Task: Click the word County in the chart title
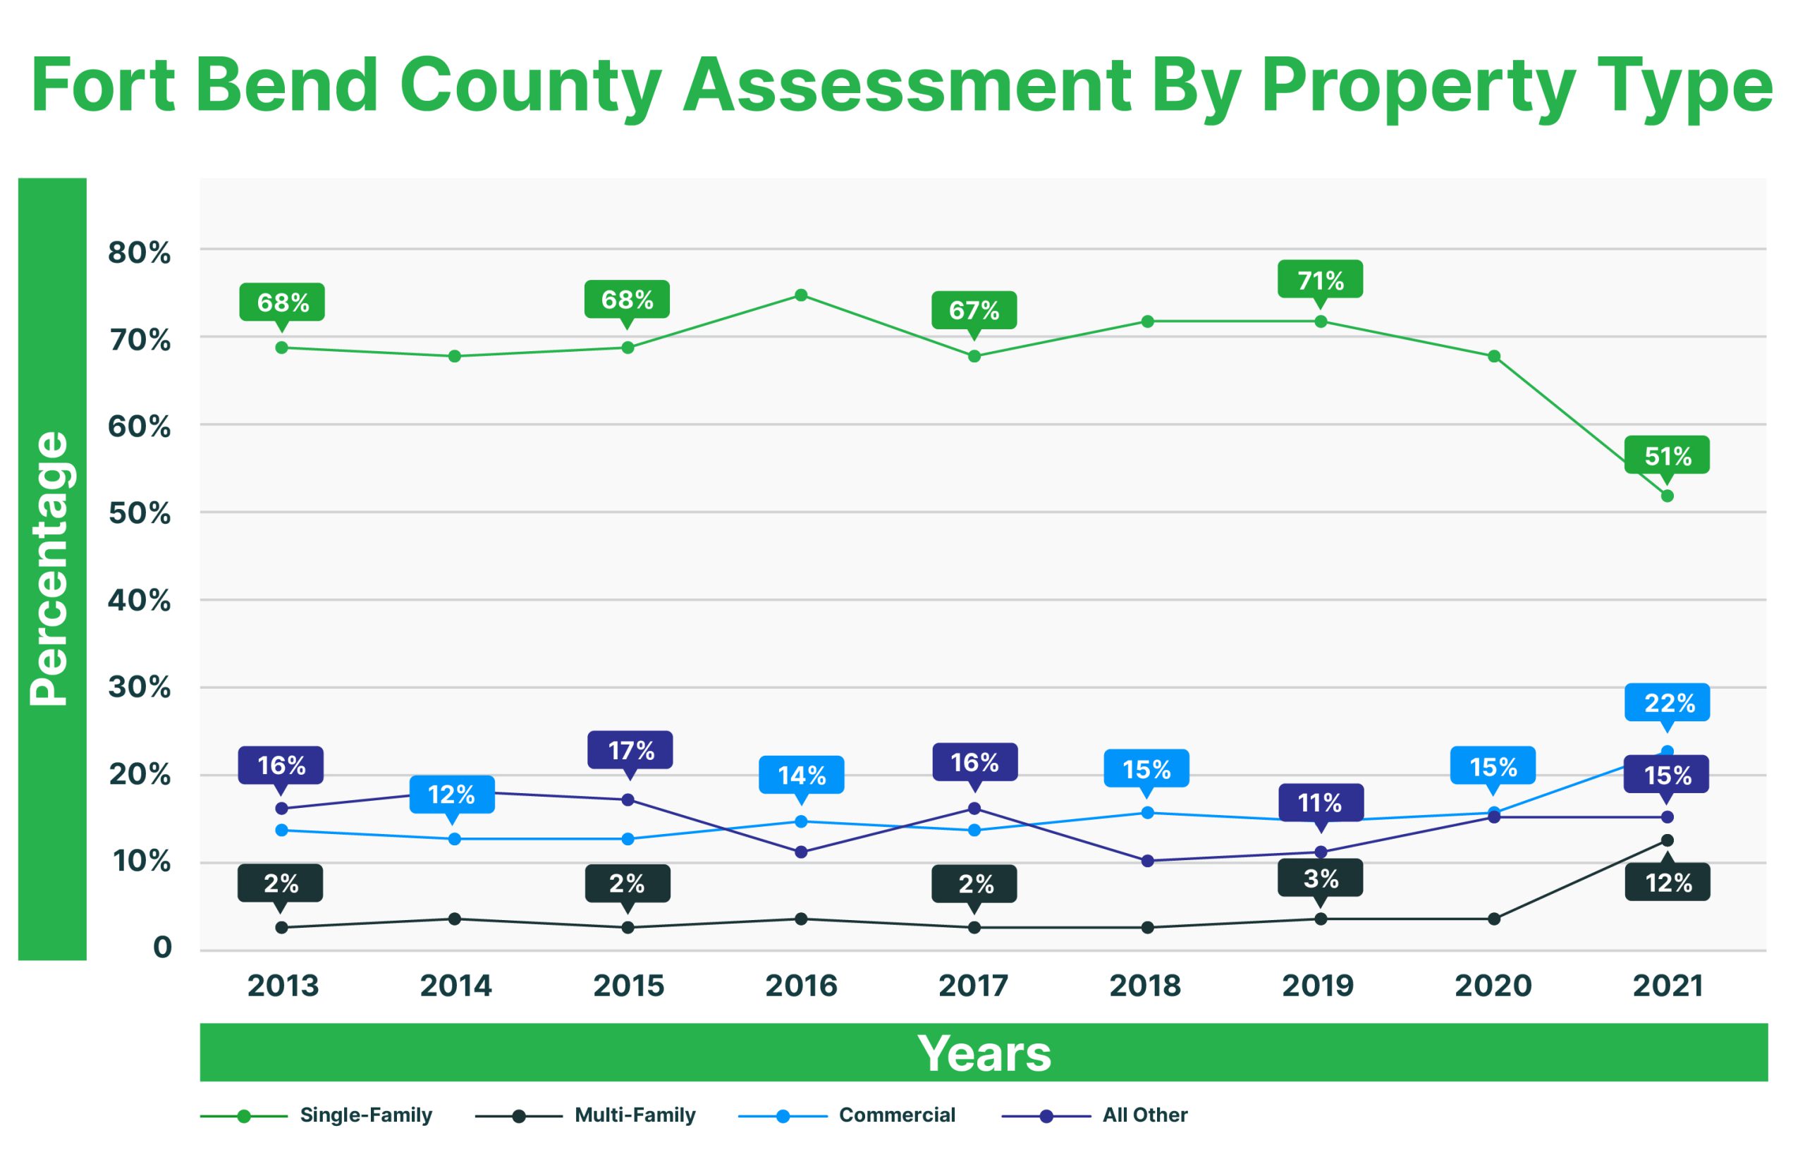(x=531, y=86)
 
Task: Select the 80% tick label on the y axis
(x=140, y=253)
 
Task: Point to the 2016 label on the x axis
(x=800, y=986)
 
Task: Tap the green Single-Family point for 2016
(x=800, y=295)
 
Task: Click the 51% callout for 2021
(x=1667, y=455)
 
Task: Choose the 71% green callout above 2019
(x=1320, y=281)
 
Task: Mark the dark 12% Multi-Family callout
(x=1668, y=883)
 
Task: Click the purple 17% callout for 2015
(x=630, y=750)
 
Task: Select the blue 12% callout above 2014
(x=451, y=795)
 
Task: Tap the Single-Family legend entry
(x=365, y=1115)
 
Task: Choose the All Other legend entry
(x=1144, y=1115)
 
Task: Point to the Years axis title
(x=984, y=1053)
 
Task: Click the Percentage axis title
(x=51, y=569)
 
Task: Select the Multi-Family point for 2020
(x=1494, y=919)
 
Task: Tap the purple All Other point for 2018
(x=1147, y=862)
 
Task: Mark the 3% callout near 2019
(x=1320, y=878)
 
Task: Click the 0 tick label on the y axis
(x=162, y=948)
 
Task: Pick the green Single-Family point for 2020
(x=1494, y=356)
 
